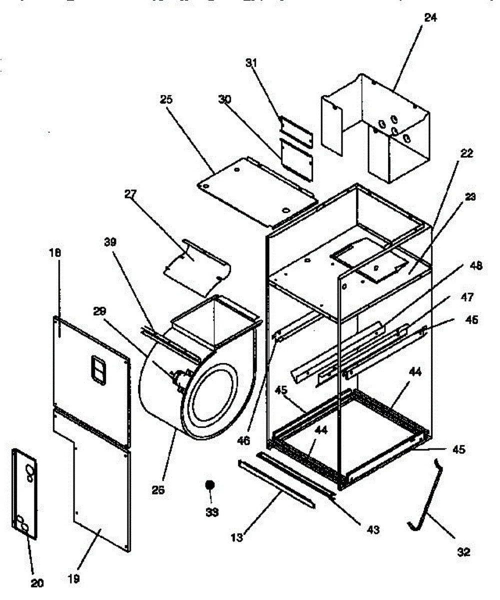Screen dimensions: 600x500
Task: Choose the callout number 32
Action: (x=463, y=552)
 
